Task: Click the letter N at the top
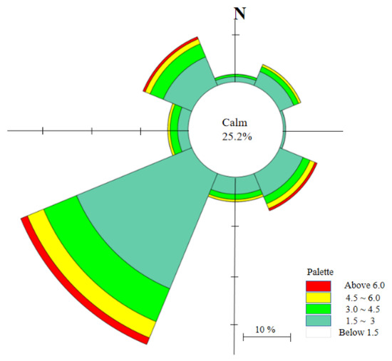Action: tap(239, 14)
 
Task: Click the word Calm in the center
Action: tap(234, 122)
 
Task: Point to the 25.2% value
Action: tap(237, 137)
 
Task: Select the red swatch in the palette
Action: tap(319, 286)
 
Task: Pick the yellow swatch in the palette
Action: tap(319, 298)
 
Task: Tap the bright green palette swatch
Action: tap(319, 309)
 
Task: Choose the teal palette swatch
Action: tap(319, 320)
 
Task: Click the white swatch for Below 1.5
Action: tap(319, 333)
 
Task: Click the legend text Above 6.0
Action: tap(364, 286)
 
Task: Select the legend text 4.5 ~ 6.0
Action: tap(363, 298)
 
